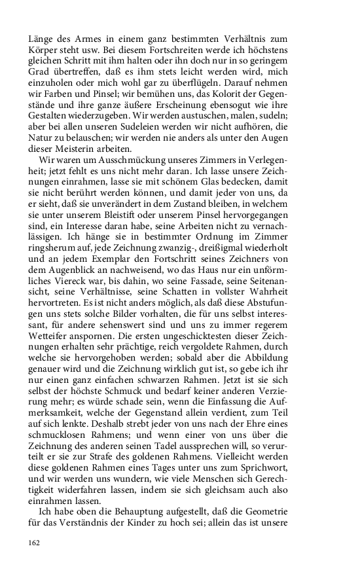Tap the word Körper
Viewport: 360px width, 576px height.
[x=43, y=50]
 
